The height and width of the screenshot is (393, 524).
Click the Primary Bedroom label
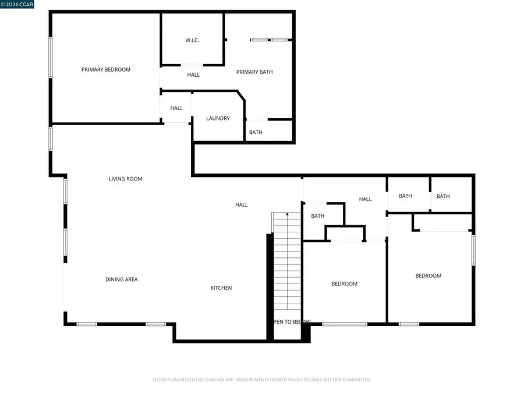click(106, 70)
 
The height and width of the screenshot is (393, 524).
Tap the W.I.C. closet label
click(193, 40)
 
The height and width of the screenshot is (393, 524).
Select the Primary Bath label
click(254, 72)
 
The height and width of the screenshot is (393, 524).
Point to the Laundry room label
click(218, 118)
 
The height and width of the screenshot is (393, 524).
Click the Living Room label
click(125, 179)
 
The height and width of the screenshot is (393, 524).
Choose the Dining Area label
click(122, 279)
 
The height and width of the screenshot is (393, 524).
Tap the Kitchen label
click(221, 288)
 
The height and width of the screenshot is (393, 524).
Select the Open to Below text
click(290, 321)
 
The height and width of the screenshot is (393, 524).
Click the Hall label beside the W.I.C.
click(193, 75)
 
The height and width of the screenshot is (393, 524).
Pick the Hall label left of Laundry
click(176, 108)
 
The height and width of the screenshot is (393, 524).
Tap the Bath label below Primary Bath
click(256, 132)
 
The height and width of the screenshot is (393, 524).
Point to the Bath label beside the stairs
click(317, 216)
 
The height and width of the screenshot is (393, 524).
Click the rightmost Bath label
click(443, 196)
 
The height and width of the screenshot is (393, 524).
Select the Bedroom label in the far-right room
click(428, 276)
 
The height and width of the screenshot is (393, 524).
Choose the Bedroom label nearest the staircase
click(344, 284)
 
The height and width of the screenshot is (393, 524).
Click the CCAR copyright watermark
click(17, 4)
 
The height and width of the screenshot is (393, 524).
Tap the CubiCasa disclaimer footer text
click(261, 380)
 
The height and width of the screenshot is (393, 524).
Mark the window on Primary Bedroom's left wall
click(51, 57)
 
